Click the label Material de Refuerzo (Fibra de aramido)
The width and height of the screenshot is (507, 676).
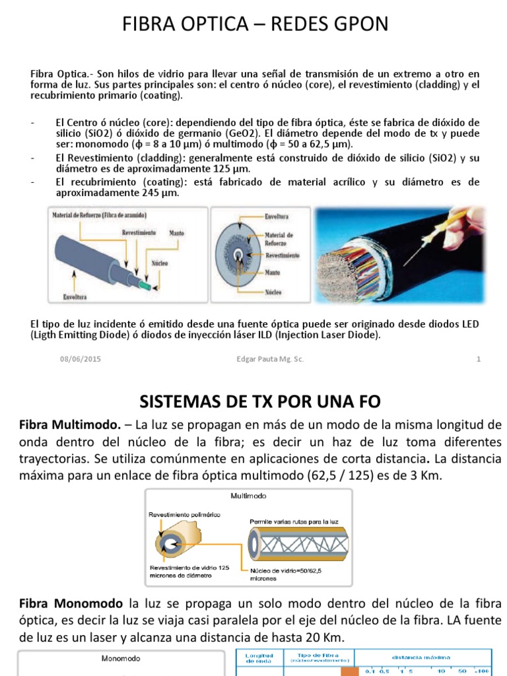tap(100, 216)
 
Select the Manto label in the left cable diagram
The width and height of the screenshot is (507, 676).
tap(176, 233)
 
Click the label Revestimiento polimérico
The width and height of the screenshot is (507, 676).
tap(184, 514)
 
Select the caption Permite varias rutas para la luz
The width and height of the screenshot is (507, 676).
tap(294, 522)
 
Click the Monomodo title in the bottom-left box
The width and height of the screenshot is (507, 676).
tap(120, 658)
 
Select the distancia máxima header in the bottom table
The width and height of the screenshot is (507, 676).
tap(421, 658)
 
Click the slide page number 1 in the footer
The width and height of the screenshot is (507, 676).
tap(478, 359)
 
